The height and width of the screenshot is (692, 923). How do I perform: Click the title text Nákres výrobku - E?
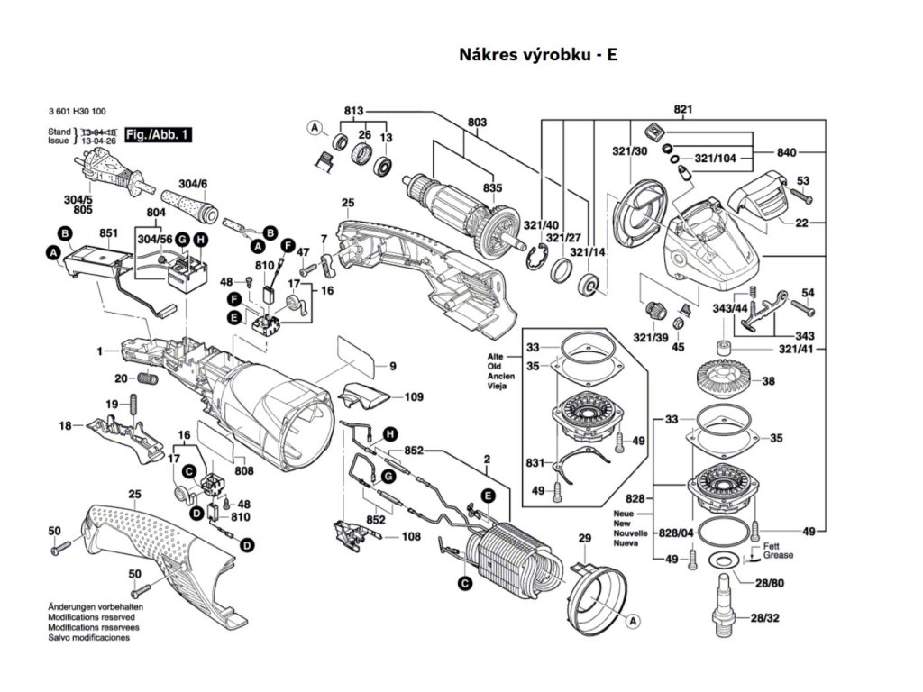point(538,54)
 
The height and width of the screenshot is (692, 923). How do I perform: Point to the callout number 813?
point(353,111)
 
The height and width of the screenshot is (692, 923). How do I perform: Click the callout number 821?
point(682,110)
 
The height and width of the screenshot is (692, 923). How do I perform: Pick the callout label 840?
point(786,152)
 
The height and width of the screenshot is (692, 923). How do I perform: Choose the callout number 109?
point(414,396)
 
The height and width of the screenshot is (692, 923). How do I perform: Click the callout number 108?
point(410,537)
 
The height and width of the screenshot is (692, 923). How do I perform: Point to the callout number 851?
point(110,232)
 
